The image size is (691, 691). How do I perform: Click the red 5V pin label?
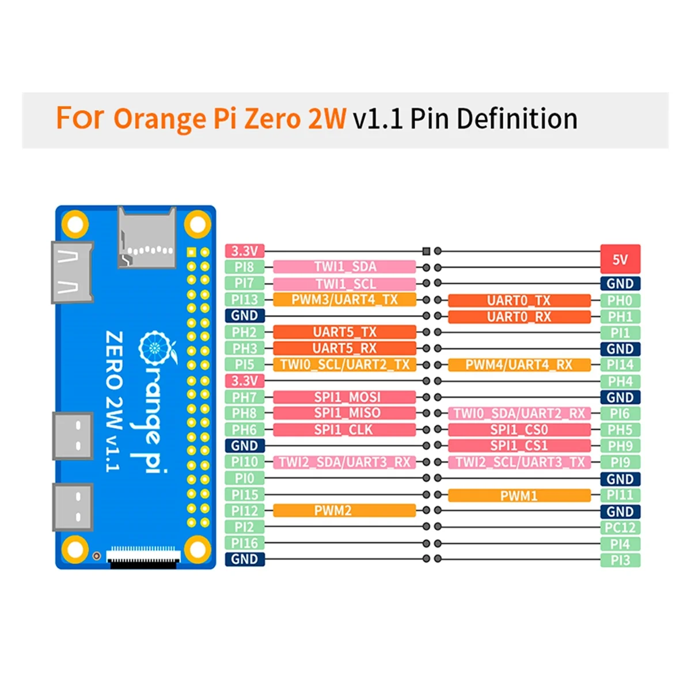click(x=620, y=259)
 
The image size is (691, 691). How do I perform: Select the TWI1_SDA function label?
click(x=344, y=267)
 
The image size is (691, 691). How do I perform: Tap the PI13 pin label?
click(x=244, y=299)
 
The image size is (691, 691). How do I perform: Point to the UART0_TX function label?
click(x=519, y=300)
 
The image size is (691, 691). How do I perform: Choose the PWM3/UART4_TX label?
click(x=344, y=299)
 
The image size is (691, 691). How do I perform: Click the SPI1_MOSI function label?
click(x=344, y=397)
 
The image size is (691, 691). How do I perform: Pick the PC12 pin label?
click(x=620, y=527)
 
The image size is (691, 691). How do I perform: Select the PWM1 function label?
click(x=519, y=495)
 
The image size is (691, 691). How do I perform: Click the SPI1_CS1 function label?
click(x=519, y=446)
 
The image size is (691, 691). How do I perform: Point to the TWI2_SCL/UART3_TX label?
click(x=519, y=462)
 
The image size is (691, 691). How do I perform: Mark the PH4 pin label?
click(x=620, y=381)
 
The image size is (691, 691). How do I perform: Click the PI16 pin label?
click(x=244, y=543)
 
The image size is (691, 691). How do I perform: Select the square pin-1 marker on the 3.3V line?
click(x=426, y=251)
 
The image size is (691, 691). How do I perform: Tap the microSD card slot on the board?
click(x=146, y=238)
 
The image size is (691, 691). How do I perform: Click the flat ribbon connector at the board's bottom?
click(x=144, y=556)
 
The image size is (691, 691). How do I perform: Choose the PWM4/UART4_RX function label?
click(x=519, y=365)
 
